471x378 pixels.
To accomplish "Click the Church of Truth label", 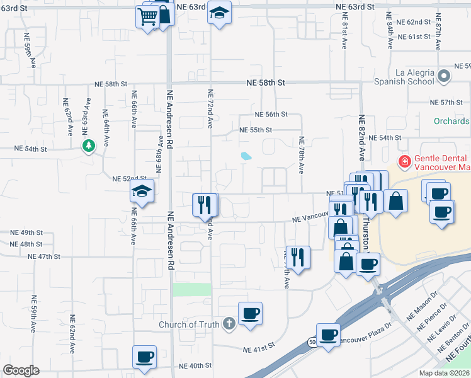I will tap(189, 325).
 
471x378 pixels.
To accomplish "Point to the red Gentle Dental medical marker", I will tap(404, 163).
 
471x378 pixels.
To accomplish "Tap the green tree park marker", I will tap(89, 146).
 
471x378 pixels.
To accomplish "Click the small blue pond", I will tap(246, 155).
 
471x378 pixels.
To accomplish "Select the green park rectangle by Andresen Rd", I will tap(192, 289).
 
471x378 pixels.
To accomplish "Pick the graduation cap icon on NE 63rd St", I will tap(220, 13).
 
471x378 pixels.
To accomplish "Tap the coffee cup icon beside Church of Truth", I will tap(250, 314).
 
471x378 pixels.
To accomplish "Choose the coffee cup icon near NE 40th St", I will tap(144, 357).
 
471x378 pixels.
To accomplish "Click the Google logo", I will tap(21, 370).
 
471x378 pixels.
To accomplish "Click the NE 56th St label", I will tap(271, 115).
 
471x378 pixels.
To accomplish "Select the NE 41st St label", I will tap(259, 346).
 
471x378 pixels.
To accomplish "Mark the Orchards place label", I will tap(451, 121).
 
